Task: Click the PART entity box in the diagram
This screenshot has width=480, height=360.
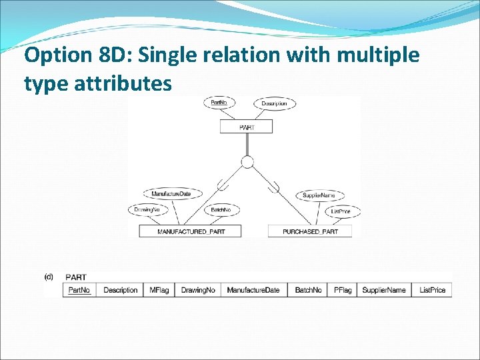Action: click(246, 127)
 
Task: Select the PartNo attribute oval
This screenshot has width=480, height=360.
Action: click(219, 103)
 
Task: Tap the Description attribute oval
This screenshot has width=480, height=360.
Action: click(274, 103)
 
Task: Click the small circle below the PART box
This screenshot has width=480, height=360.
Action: click(247, 162)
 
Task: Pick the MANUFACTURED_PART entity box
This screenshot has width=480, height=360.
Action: click(191, 231)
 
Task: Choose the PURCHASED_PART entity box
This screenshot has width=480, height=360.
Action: click(310, 231)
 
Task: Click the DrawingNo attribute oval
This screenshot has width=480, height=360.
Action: click(147, 210)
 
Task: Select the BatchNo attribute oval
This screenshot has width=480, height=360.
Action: click(220, 210)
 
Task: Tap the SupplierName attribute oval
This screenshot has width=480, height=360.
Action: click(319, 195)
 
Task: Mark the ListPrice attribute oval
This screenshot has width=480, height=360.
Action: click(345, 211)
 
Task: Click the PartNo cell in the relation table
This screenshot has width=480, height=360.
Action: click(79, 290)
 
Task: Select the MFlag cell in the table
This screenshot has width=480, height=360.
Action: click(159, 290)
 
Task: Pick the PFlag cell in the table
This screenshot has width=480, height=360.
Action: click(343, 290)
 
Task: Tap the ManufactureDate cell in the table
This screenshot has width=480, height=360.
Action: click(253, 290)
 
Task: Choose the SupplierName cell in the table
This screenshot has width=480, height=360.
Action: click(383, 290)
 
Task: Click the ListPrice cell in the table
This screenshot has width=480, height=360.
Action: click(432, 290)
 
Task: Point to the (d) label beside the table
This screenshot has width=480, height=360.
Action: click(49, 276)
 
